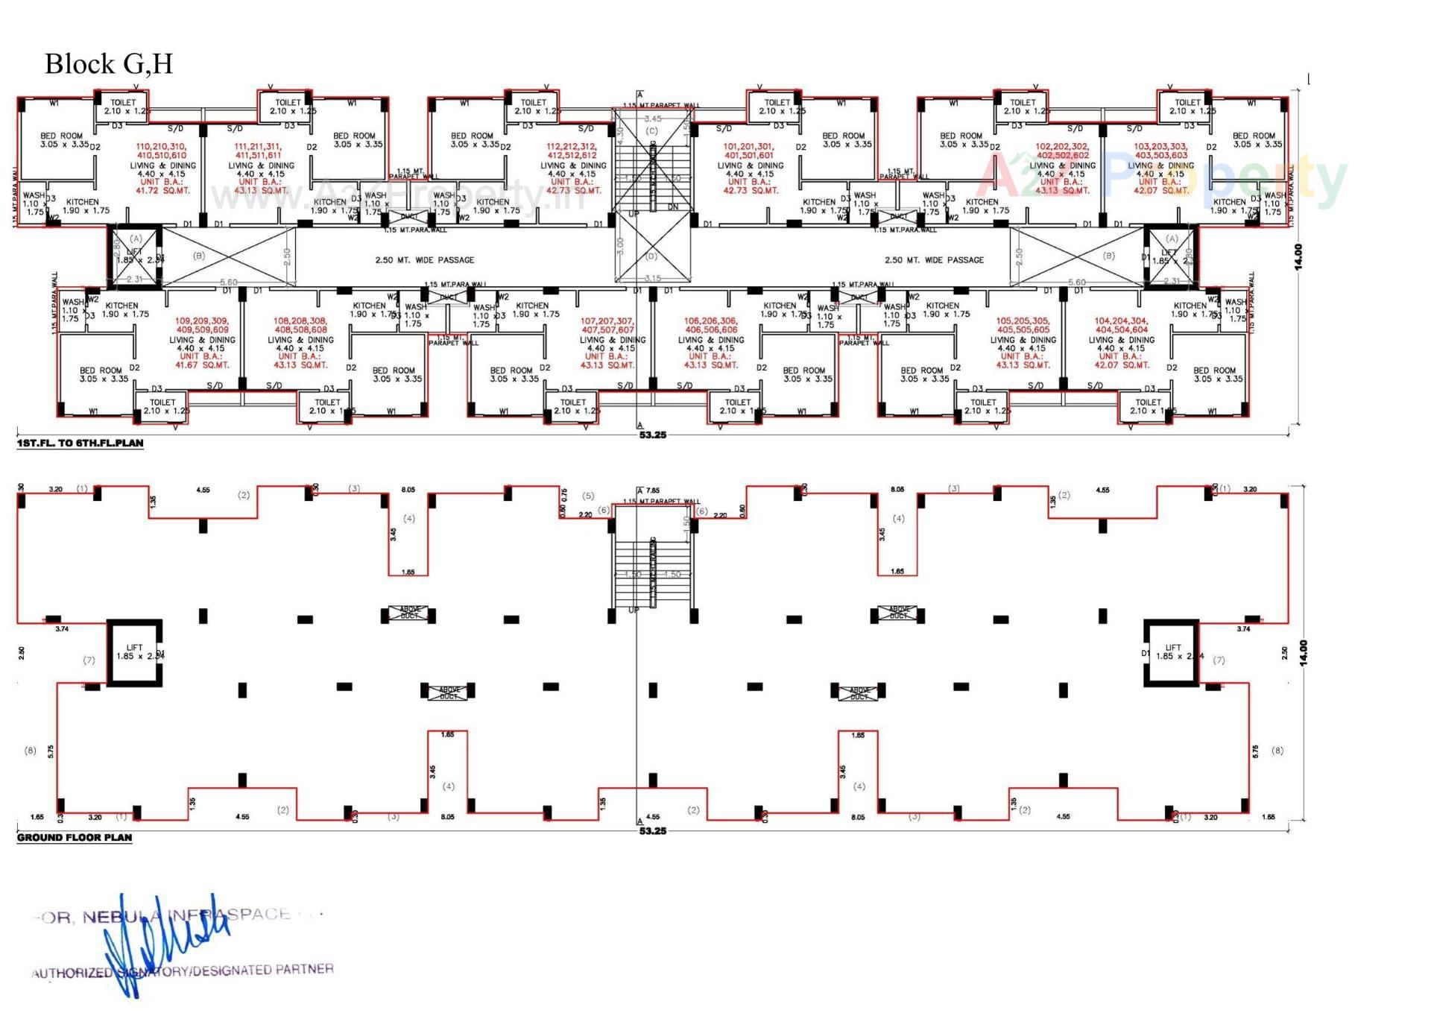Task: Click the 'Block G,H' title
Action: pyautogui.click(x=109, y=64)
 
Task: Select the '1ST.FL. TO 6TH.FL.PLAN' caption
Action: pyautogui.click(x=80, y=444)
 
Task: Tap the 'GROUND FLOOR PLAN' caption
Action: pyautogui.click(x=75, y=838)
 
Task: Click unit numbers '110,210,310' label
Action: pyautogui.click(x=162, y=147)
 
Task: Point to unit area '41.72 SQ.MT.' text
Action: pyautogui.click(x=162, y=191)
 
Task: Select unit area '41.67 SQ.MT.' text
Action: pyautogui.click(x=202, y=365)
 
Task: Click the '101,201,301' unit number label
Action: pyautogui.click(x=749, y=147)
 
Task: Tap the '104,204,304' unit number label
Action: pyautogui.click(x=1121, y=321)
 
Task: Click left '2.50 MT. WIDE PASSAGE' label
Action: pyautogui.click(x=424, y=260)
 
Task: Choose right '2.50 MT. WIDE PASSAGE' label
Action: pyautogui.click(x=934, y=260)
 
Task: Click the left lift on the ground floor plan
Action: pyautogui.click(x=134, y=653)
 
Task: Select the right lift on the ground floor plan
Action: pyautogui.click(x=1172, y=653)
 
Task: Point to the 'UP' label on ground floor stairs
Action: pyautogui.click(x=634, y=610)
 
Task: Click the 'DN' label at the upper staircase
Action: pyautogui.click(x=673, y=207)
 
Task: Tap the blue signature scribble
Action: pyautogui.click(x=164, y=943)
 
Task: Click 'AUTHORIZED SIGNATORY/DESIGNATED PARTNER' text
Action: pyautogui.click(x=183, y=971)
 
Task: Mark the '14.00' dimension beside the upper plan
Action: pyautogui.click(x=1298, y=256)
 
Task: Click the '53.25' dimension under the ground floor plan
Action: pyautogui.click(x=652, y=831)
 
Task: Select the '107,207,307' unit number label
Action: pyautogui.click(x=607, y=321)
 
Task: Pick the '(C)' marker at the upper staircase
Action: pyautogui.click(x=652, y=131)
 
